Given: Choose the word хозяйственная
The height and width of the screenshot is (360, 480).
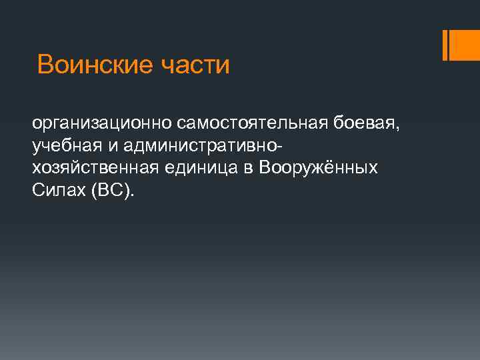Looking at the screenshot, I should click(95, 168).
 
